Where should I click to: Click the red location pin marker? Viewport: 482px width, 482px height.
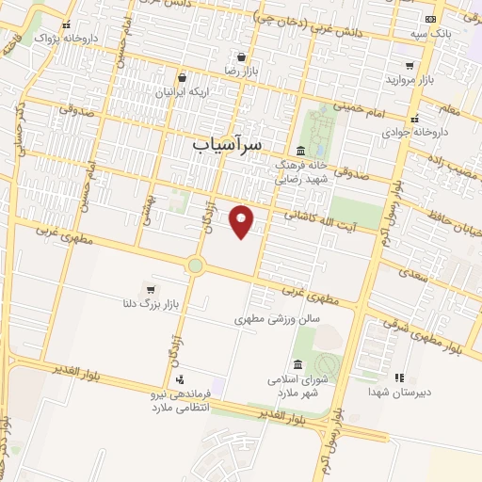243,221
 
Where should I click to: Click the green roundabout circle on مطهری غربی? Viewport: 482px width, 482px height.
195,265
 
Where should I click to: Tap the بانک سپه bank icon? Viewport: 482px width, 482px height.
430,19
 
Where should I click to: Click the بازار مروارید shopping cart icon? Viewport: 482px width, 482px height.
410,65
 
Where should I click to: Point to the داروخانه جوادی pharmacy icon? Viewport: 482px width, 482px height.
415,119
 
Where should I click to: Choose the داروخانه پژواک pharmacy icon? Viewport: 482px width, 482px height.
66,25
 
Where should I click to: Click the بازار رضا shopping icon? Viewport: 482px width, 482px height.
242,56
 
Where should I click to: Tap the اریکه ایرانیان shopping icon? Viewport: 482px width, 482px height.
181,78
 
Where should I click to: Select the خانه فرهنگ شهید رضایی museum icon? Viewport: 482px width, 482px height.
300,151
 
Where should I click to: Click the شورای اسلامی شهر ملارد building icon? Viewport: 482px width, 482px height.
298,364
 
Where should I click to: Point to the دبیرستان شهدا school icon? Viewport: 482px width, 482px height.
399,378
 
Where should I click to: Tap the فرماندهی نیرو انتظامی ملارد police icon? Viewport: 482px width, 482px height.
181,378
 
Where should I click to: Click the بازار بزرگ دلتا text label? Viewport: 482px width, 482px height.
147,306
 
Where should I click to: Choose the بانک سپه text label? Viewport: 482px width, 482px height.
428,34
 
